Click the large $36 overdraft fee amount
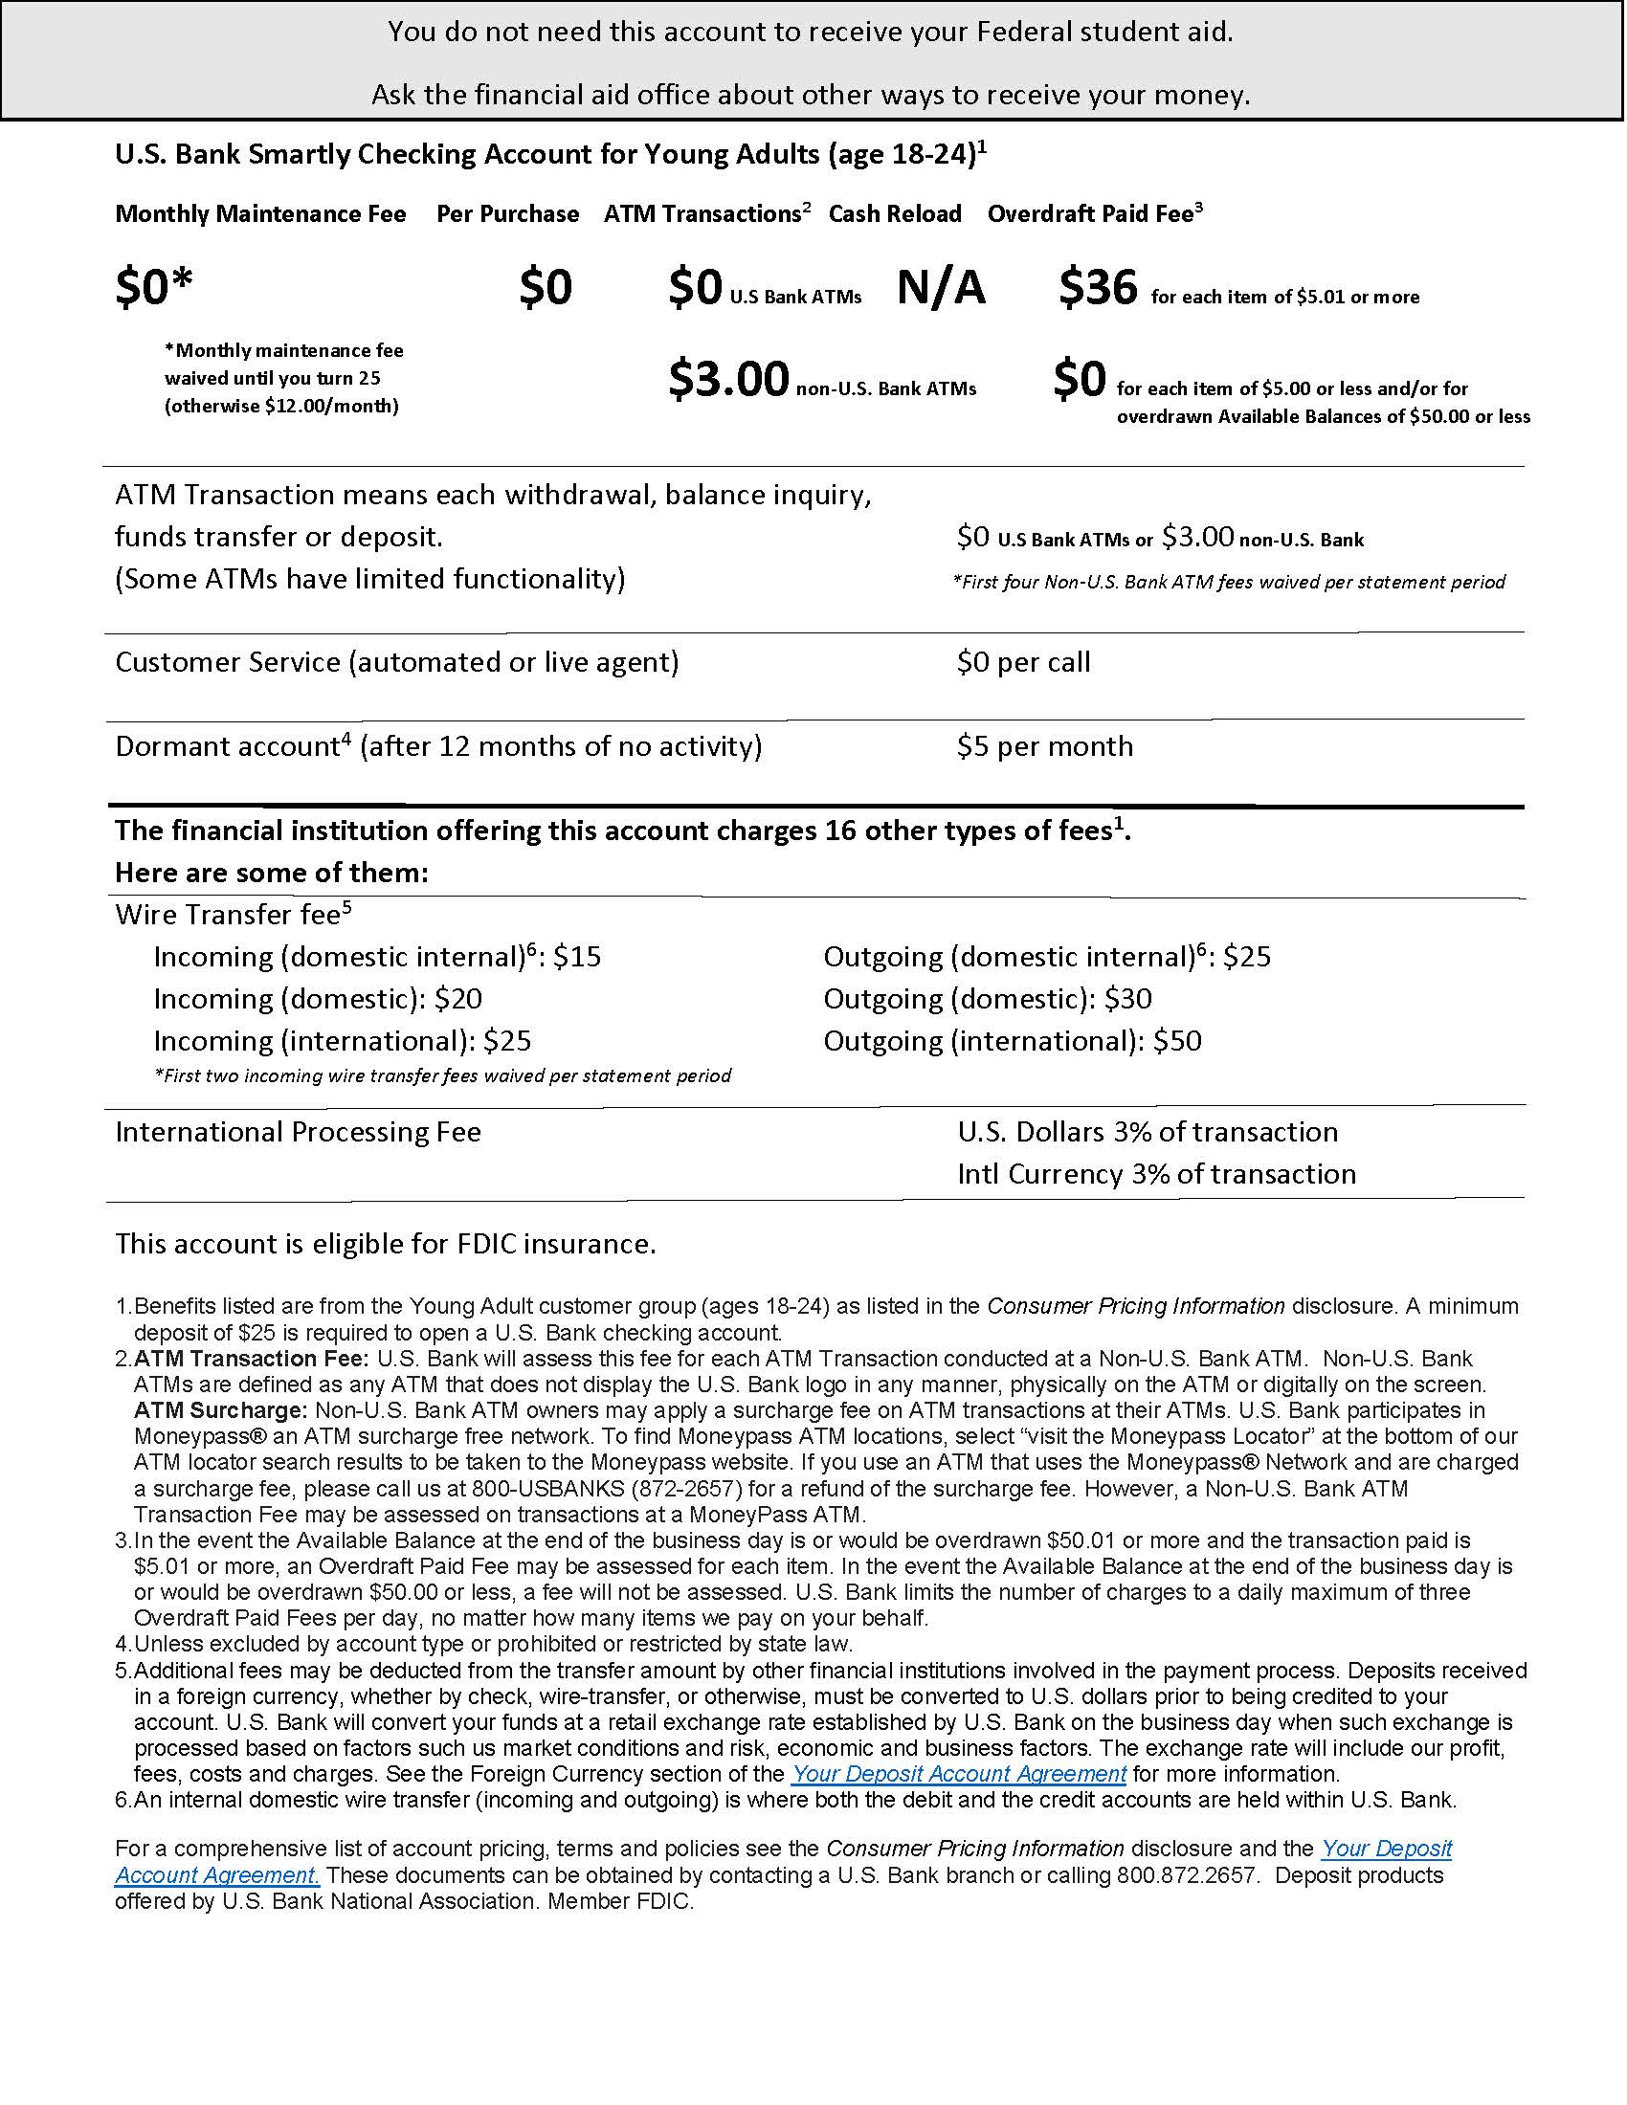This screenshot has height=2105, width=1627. coord(1098,287)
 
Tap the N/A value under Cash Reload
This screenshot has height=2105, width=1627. coord(941,287)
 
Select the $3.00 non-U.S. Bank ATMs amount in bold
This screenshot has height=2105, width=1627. coord(728,379)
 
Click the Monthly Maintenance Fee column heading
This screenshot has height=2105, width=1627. coord(260,214)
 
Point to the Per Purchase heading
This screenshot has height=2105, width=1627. coord(507,214)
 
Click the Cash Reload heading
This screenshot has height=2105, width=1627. coord(895,214)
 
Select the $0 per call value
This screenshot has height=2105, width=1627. coord(1023,662)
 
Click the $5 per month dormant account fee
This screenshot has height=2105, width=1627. coord(1045,746)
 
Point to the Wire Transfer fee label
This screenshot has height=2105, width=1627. coord(228,914)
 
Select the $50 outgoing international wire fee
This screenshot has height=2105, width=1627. coord(1177,1041)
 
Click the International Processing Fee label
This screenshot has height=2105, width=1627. coord(298,1132)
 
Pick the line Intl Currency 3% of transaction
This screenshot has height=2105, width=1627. coord(1156,1174)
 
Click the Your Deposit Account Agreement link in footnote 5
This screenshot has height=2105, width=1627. coord(958,1773)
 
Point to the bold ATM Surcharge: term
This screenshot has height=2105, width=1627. coord(220,1410)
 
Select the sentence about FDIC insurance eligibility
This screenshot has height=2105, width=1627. coord(386,1244)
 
